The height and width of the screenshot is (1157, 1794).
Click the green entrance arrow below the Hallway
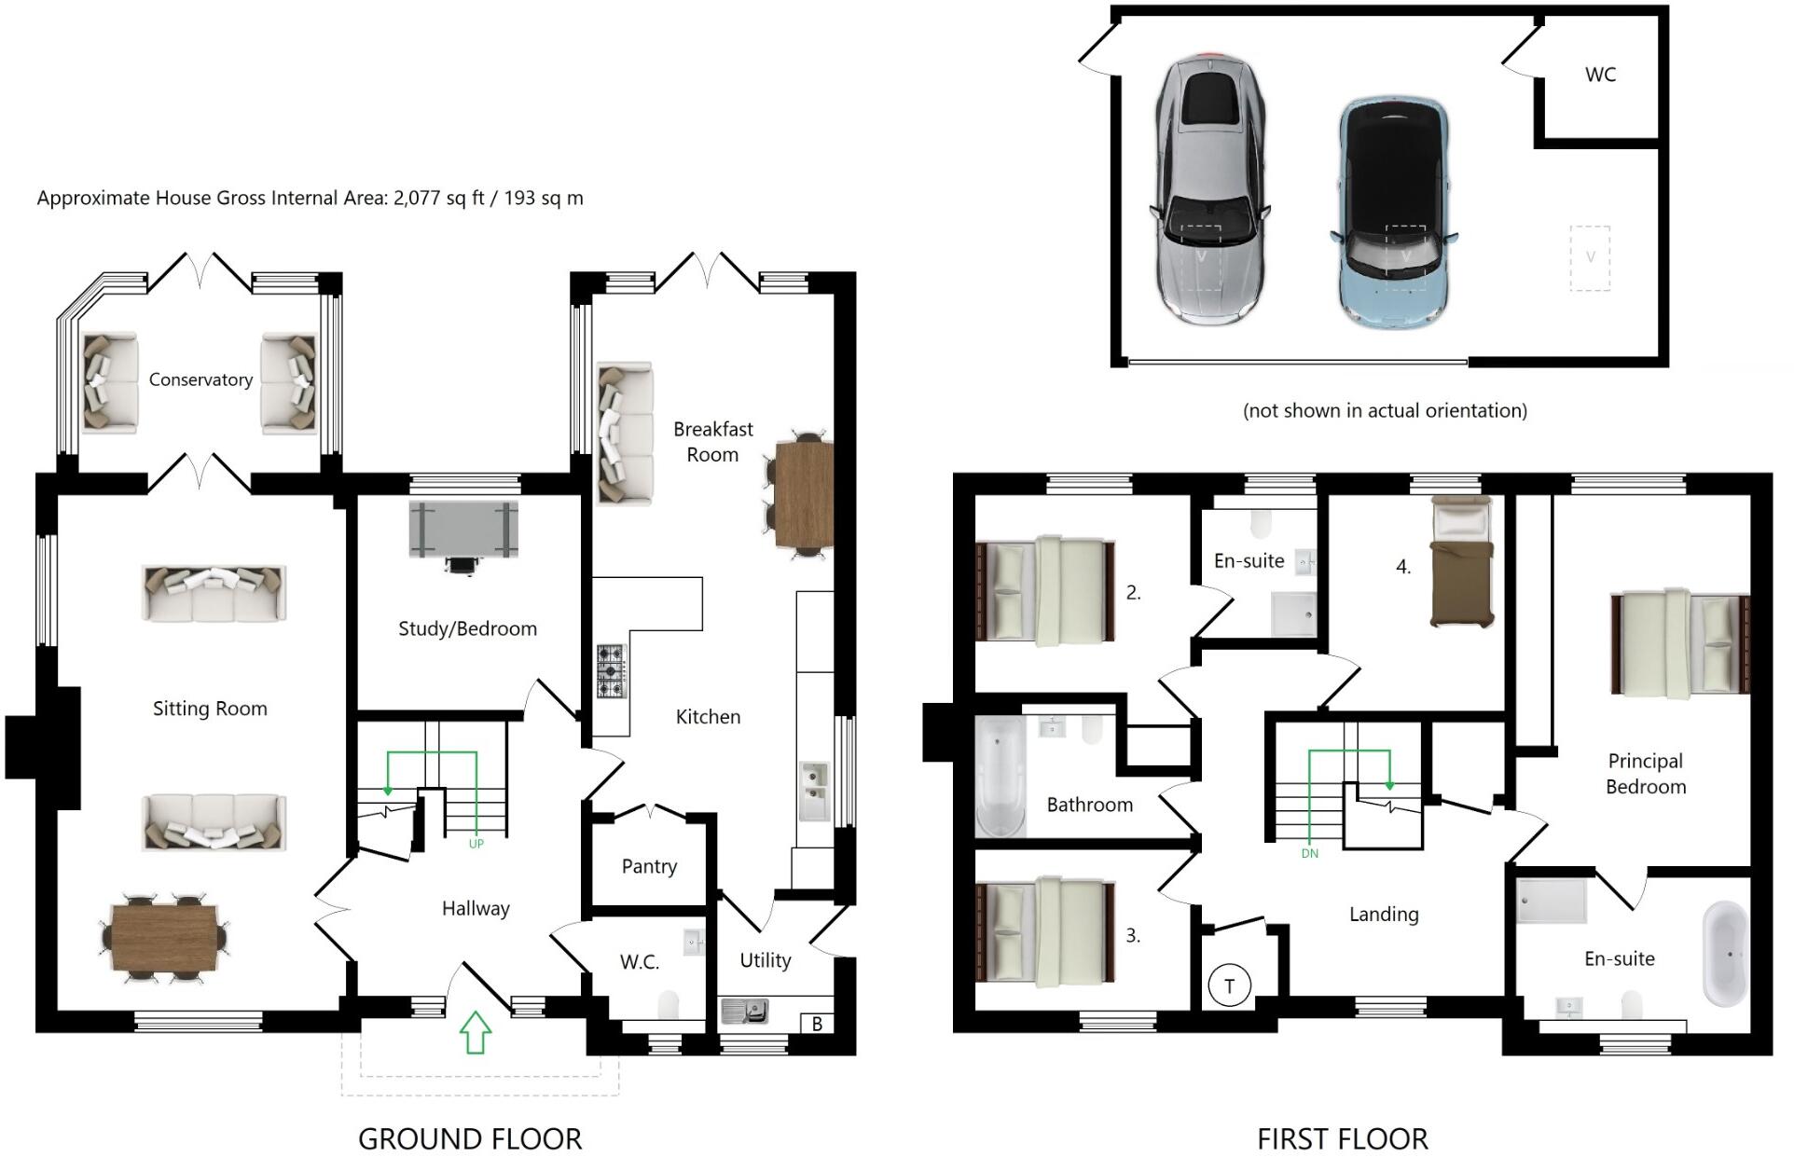click(476, 1032)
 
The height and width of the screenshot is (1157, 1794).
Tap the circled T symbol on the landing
click(1229, 986)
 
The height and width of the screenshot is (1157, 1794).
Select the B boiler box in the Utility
click(817, 1024)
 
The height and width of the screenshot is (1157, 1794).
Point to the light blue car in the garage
click(1393, 213)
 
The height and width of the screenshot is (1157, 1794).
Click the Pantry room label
click(649, 866)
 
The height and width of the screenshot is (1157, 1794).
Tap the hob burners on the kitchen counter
click(612, 671)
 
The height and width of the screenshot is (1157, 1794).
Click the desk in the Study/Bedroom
click(463, 530)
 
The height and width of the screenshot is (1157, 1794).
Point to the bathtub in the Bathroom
click(1000, 777)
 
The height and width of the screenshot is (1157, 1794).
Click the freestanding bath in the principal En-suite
click(1726, 954)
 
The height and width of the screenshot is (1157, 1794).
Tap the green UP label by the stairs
click(476, 844)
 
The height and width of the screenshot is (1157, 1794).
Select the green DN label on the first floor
click(1309, 853)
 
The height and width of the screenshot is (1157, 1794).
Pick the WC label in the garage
click(1600, 75)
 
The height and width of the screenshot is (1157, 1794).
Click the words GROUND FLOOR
click(470, 1138)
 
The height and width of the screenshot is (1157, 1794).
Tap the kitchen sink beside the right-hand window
click(814, 791)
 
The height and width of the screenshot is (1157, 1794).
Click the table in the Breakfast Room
click(804, 494)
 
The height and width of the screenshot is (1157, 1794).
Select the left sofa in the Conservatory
click(110, 384)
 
